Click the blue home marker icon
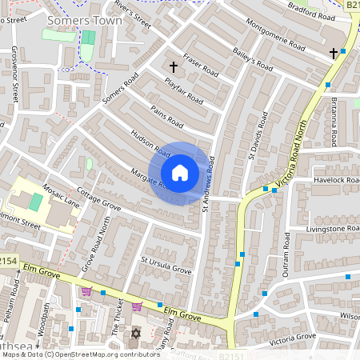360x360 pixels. coord(180,173)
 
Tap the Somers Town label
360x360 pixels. coord(85,20)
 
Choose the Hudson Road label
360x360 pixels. coord(150,144)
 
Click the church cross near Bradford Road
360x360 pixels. coord(333,54)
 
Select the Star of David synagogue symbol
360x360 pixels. coord(135,333)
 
